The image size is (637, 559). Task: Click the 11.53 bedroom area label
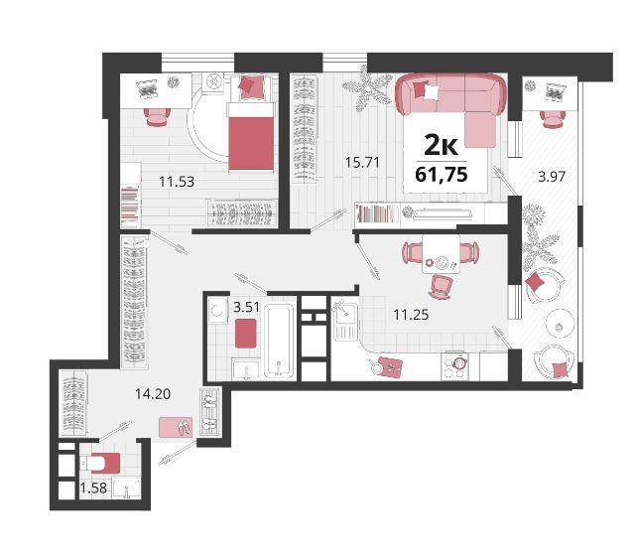pyautogui.click(x=177, y=182)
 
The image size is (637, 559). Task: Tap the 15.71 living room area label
pyautogui.click(x=362, y=162)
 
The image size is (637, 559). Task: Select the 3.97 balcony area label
pyautogui.click(x=552, y=177)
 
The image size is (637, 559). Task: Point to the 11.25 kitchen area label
pyautogui.click(x=411, y=315)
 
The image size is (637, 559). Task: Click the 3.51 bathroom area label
pyautogui.click(x=246, y=307)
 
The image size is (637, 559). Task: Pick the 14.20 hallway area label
pyautogui.click(x=153, y=393)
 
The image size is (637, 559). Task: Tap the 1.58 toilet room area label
pyautogui.click(x=93, y=488)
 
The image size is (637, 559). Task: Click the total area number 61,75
pyautogui.click(x=442, y=174)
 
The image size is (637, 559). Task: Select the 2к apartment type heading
pyautogui.click(x=441, y=145)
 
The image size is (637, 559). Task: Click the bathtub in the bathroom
pyautogui.click(x=279, y=342)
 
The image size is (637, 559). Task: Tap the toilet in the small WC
pyautogui.click(x=99, y=463)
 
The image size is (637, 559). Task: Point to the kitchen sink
pyautogui.click(x=345, y=319)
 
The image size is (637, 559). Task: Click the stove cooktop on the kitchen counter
pyautogui.click(x=454, y=366)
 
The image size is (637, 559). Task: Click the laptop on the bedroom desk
pyautogui.click(x=147, y=89)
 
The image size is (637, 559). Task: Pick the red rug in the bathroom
pyautogui.click(x=245, y=334)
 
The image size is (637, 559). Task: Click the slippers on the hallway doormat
pyautogui.click(x=184, y=428)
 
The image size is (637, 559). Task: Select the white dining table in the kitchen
pyautogui.click(x=441, y=254)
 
